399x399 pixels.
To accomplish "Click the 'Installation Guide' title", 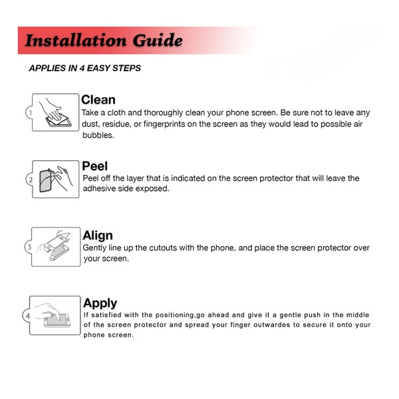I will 103,41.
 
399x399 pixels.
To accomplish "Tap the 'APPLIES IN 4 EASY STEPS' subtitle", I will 84,68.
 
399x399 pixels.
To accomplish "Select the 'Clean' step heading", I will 98,100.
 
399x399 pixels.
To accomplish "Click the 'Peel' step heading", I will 94,166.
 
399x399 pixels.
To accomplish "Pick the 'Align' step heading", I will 98,235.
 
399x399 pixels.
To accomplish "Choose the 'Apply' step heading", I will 100,303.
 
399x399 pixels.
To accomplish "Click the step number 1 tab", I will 30,113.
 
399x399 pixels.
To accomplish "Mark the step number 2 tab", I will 30,180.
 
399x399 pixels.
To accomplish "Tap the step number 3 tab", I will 29,247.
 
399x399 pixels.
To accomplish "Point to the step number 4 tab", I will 28,315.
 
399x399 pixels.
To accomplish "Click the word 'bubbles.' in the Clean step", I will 98,135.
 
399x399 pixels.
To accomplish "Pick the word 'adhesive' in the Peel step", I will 100,189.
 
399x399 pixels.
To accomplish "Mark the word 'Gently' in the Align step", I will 94,248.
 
